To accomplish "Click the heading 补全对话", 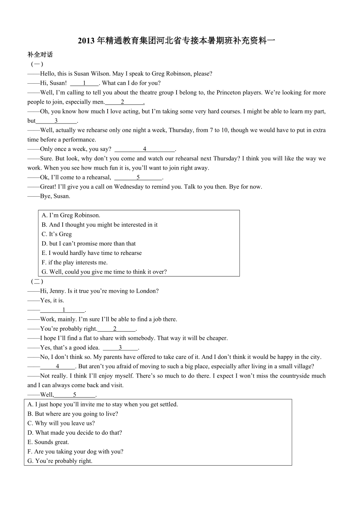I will (40, 55).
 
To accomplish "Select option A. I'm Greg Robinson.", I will (71, 215).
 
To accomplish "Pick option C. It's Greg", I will (57, 234).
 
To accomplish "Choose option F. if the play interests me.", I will (74, 262).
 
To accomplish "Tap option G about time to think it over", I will (104, 272).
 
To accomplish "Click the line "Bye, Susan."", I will (55, 196).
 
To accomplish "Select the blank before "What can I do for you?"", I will (85, 83).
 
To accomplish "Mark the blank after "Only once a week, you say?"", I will (145, 149).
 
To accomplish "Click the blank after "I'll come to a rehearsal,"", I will (138, 177).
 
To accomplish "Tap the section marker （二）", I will (37, 281).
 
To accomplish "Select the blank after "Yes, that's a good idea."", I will (121, 348).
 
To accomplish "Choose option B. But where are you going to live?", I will (73, 414).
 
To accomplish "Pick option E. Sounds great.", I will (48, 442).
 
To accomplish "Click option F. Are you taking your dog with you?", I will (76, 452).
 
